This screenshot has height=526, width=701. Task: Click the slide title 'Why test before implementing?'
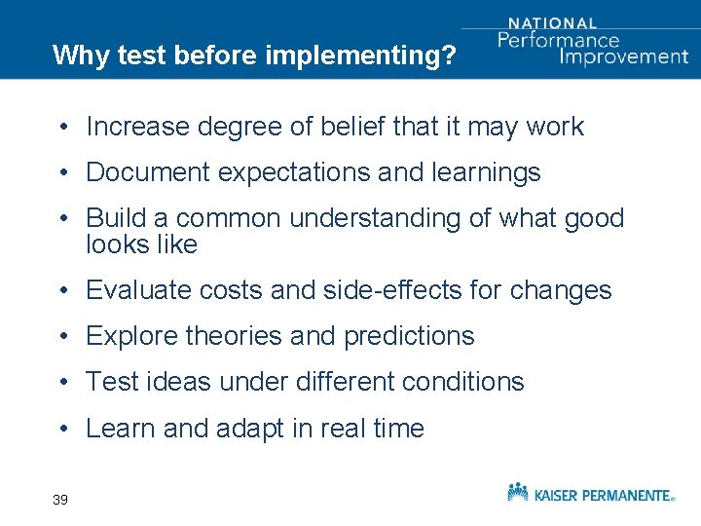click(x=254, y=56)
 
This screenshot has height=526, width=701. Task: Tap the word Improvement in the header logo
click(x=624, y=56)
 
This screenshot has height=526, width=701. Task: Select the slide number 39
click(x=60, y=500)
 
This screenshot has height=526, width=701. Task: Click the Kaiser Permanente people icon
click(x=518, y=491)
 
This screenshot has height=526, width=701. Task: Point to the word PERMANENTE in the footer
click(x=625, y=495)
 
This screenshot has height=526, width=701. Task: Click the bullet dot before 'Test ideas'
click(x=60, y=383)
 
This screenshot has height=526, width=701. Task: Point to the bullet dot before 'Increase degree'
click(x=60, y=128)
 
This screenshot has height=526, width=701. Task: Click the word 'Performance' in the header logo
click(x=558, y=40)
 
